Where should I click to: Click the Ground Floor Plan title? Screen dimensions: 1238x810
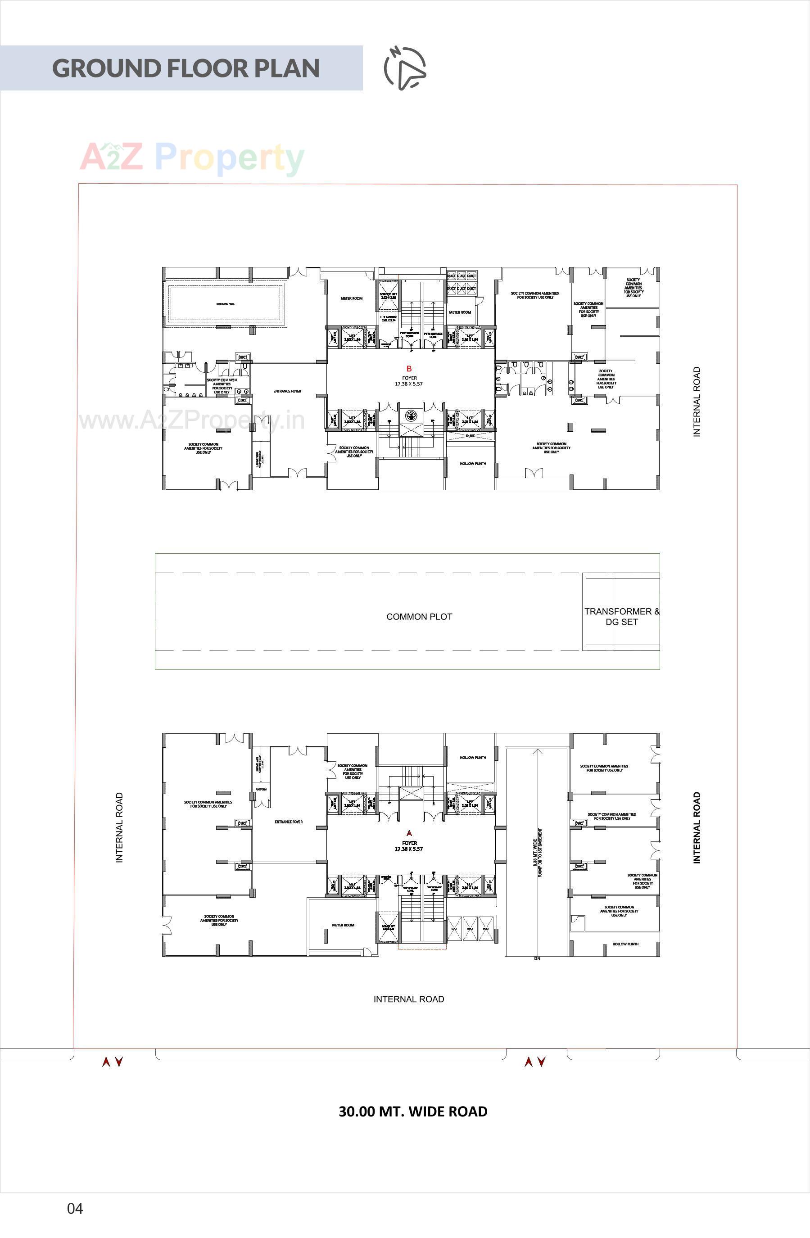[186, 68]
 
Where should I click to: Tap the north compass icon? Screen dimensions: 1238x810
[405, 68]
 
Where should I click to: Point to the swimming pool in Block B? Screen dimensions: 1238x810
[225, 304]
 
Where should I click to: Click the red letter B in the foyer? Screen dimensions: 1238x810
[409, 369]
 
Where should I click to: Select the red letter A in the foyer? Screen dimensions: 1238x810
[409, 833]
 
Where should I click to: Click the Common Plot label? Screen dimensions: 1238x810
[419, 617]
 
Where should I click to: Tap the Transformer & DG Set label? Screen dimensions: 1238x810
[621, 617]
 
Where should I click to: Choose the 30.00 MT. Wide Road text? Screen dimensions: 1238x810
[413, 1111]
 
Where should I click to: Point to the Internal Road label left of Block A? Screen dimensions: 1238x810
[120, 827]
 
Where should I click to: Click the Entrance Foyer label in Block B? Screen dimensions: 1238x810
[287, 391]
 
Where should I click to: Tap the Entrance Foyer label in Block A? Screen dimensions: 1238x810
[289, 822]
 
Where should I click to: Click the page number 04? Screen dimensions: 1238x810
[75, 1208]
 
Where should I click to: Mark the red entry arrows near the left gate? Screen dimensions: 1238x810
[113, 1062]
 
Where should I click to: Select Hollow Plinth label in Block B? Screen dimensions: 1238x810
[473, 464]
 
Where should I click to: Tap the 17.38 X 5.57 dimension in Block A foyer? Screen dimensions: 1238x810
[409, 849]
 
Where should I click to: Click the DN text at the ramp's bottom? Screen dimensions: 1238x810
[537, 959]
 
